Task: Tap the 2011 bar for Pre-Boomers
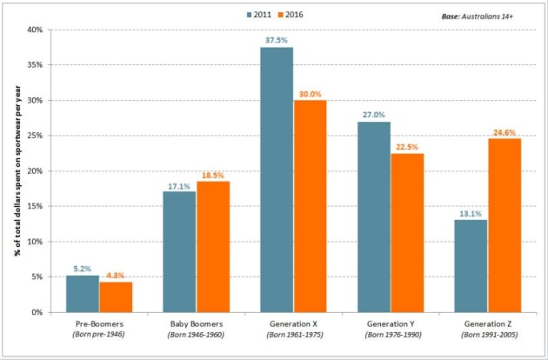pos(83,293)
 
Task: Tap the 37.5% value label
pos(277,40)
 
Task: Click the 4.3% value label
pos(116,276)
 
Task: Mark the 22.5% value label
pos(406,147)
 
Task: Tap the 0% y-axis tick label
pos(36,312)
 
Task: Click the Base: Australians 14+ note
pos(487,16)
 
